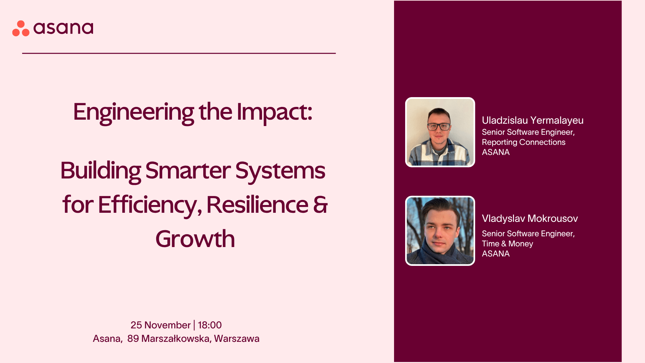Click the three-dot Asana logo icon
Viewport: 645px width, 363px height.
[x=21, y=28]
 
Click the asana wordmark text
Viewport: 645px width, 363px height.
[x=63, y=28]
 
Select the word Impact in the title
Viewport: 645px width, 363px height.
[x=274, y=112]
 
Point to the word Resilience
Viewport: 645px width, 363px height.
[x=257, y=204]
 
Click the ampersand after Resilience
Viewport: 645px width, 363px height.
[x=320, y=205]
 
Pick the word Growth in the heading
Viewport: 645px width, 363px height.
[x=195, y=239]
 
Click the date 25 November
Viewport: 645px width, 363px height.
[x=161, y=325]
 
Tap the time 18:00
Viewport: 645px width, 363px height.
[x=210, y=325]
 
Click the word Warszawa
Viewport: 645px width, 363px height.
[x=237, y=338]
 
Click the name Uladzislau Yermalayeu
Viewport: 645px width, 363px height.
[x=533, y=120]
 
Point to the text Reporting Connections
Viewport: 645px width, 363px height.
[x=524, y=142]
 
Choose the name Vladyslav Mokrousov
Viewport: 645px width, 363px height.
[x=530, y=218]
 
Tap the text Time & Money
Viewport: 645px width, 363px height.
[x=508, y=244]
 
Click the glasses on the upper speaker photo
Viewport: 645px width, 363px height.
[x=439, y=127]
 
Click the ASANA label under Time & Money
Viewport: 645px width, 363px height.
[x=496, y=254]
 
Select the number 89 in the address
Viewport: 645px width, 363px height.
[x=133, y=338]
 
